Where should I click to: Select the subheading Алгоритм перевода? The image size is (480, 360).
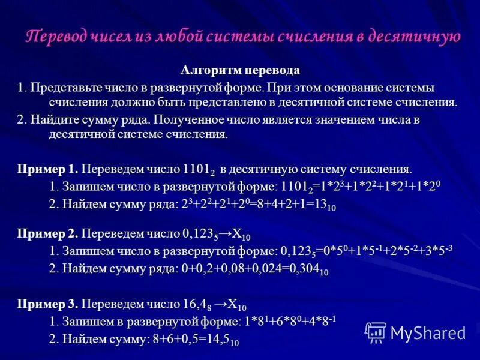240,71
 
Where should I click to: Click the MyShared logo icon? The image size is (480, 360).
376,332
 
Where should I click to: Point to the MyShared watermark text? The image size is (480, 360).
427,333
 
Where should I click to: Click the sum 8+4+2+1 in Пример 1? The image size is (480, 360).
286,205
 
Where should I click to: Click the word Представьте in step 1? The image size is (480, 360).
61,88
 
